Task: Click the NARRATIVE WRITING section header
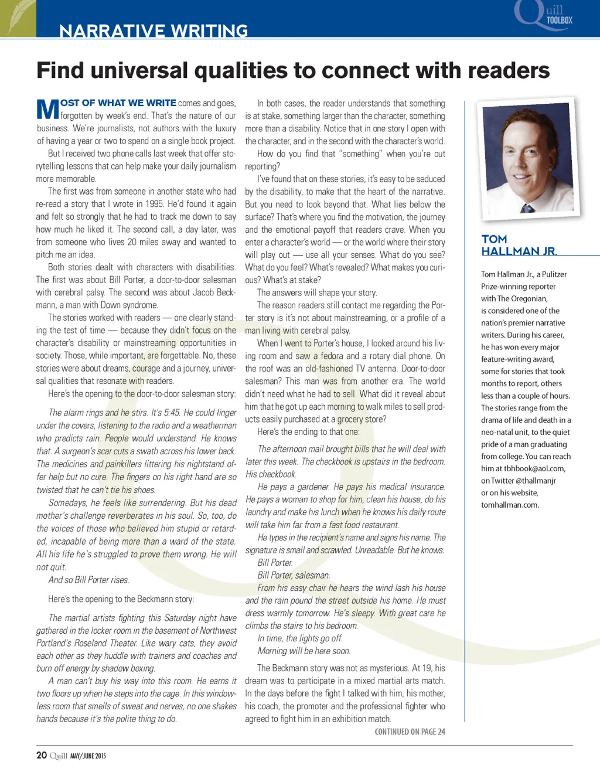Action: tap(154, 30)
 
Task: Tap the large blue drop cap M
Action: tap(47, 109)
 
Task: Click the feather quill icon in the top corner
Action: tap(18, 18)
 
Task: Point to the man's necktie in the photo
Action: tap(529, 208)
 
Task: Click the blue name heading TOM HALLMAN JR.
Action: tap(519, 245)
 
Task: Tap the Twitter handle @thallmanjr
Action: tap(536, 481)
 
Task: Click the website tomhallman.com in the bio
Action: tap(510, 505)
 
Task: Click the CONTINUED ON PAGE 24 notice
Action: tap(410, 732)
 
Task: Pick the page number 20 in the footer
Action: tap(42, 755)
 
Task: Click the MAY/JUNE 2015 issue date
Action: tap(88, 756)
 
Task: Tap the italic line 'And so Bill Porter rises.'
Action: tap(88, 580)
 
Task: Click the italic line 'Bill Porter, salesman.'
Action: tap(294, 575)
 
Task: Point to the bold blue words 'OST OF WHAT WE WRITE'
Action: tap(118, 103)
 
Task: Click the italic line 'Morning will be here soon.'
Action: tap(304, 651)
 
